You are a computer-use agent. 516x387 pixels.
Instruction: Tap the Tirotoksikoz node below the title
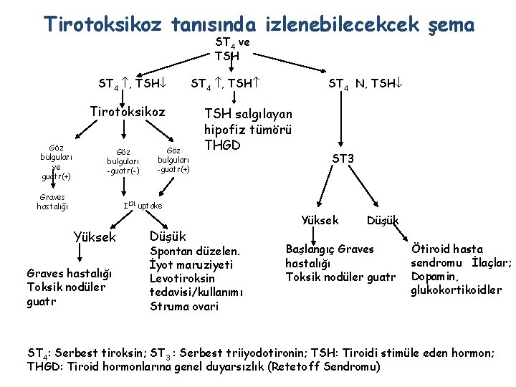pos(127,112)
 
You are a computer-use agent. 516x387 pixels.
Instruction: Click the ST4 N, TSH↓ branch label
pos(362,84)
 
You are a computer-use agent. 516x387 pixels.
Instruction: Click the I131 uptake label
pos(143,206)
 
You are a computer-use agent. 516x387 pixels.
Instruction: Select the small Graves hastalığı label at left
pos(52,202)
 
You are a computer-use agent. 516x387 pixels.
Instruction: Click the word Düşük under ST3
pos(383,220)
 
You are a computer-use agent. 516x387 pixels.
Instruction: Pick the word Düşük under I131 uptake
pos(168,236)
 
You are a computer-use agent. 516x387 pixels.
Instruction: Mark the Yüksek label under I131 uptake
pos(95,237)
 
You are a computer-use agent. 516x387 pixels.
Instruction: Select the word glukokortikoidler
pos(456,290)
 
